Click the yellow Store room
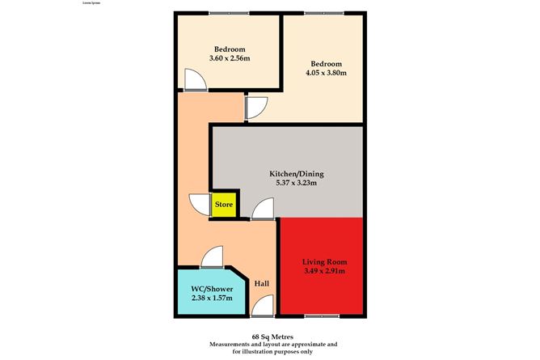click(224, 205)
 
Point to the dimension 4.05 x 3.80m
click(326, 74)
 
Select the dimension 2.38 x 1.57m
click(211, 299)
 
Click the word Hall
click(262, 284)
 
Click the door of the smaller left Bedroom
click(195, 80)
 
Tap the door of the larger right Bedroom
click(257, 108)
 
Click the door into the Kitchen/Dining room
click(262, 210)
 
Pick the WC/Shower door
click(212, 257)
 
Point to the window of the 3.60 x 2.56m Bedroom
click(227, 13)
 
